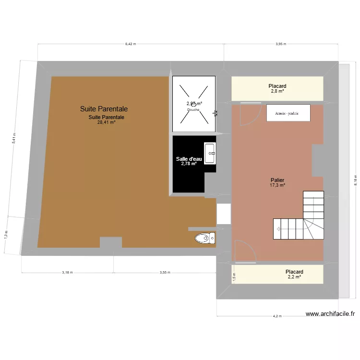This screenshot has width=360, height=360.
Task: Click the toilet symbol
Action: [205, 238]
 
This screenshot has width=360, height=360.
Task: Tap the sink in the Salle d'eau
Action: [210, 153]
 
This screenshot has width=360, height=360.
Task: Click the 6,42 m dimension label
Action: [131, 44]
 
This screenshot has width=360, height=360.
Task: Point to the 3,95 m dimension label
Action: [281, 44]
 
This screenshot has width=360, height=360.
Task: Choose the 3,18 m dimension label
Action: [67, 272]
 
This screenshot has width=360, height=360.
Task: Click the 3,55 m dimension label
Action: [165, 272]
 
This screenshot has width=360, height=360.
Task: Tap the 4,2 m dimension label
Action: [277, 316]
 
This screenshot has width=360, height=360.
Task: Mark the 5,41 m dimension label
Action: [14, 138]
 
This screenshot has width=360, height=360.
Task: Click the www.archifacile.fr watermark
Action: [330, 314]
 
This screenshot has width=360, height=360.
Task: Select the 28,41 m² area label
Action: [106, 122]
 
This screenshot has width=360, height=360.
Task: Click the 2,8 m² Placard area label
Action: [277, 91]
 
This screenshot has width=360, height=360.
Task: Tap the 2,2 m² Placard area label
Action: [294, 277]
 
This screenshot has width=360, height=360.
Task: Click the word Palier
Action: [277, 180]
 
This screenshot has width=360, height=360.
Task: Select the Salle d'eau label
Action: [189, 159]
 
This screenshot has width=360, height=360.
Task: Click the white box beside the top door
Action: [288, 113]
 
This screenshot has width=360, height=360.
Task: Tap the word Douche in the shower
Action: [193, 109]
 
